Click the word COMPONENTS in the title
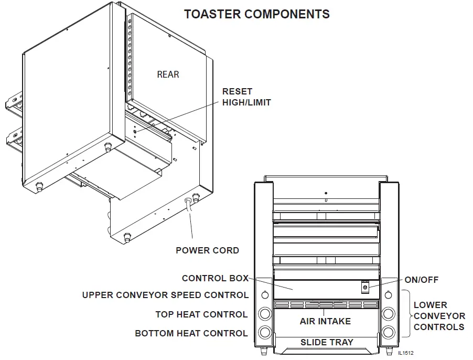(x=286, y=14)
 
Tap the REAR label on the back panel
(x=168, y=75)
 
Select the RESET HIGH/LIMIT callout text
(x=246, y=97)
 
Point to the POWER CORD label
(x=207, y=250)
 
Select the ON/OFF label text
(x=421, y=280)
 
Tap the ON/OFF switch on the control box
(x=365, y=288)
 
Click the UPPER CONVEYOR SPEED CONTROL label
(x=165, y=295)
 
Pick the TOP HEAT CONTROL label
(x=201, y=314)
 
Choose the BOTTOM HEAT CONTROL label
(x=191, y=333)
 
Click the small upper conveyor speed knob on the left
(x=265, y=294)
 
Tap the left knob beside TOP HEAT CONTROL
(x=265, y=314)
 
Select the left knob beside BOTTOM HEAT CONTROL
(x=265, y=333)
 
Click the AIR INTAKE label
(x=325, y=321)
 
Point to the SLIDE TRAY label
(x=326, y=342)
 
